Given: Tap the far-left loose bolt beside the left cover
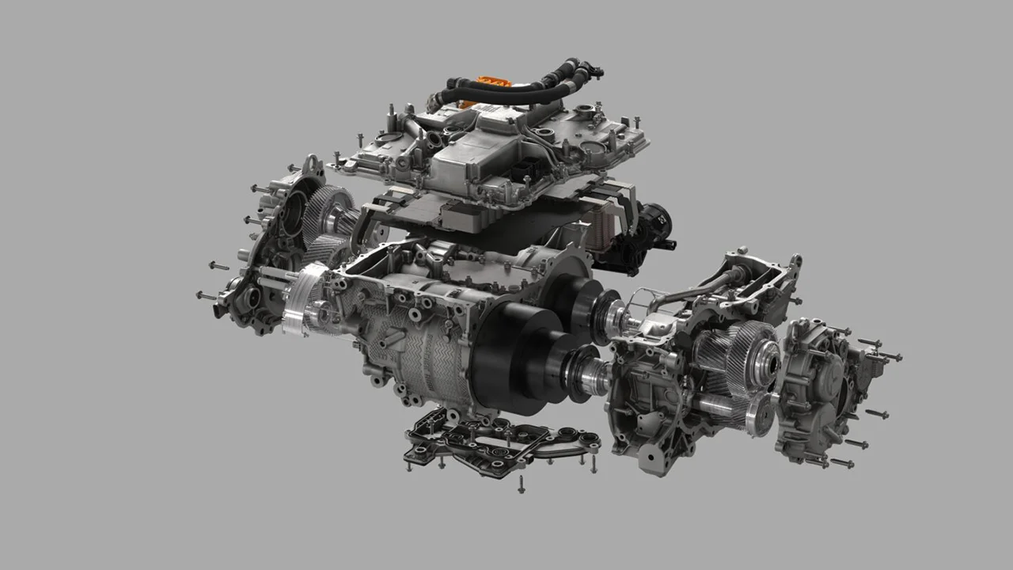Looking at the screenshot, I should click(x=205, y=295).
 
